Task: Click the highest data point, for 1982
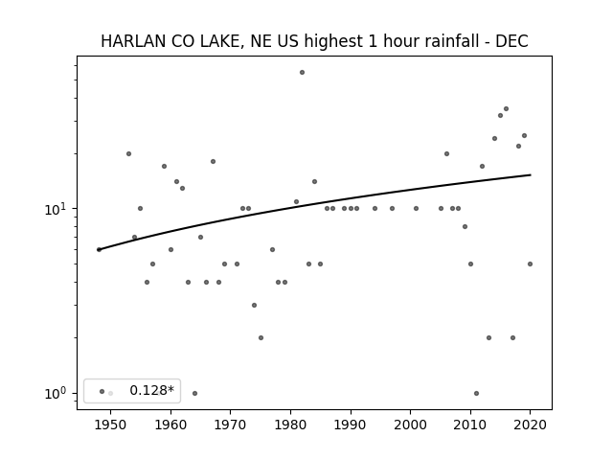pos(303,73)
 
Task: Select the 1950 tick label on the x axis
pos(111,425)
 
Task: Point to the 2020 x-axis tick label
pos(530,425)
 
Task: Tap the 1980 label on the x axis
pos(290,425)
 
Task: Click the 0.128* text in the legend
pos(151,390)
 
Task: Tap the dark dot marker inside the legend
pos(102,391)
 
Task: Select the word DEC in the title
pos(512,41)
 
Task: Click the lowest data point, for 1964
pos(194,394)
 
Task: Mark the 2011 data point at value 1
pos(476,394)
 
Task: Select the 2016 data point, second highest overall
pos(507,108)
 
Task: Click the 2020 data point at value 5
pos(530,264)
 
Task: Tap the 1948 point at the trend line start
pos(99,249)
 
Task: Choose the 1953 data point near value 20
pos(128,153)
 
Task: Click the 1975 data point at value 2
pos(261,337)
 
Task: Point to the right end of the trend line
pos(531,174)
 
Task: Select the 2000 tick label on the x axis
pos(411,425)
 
